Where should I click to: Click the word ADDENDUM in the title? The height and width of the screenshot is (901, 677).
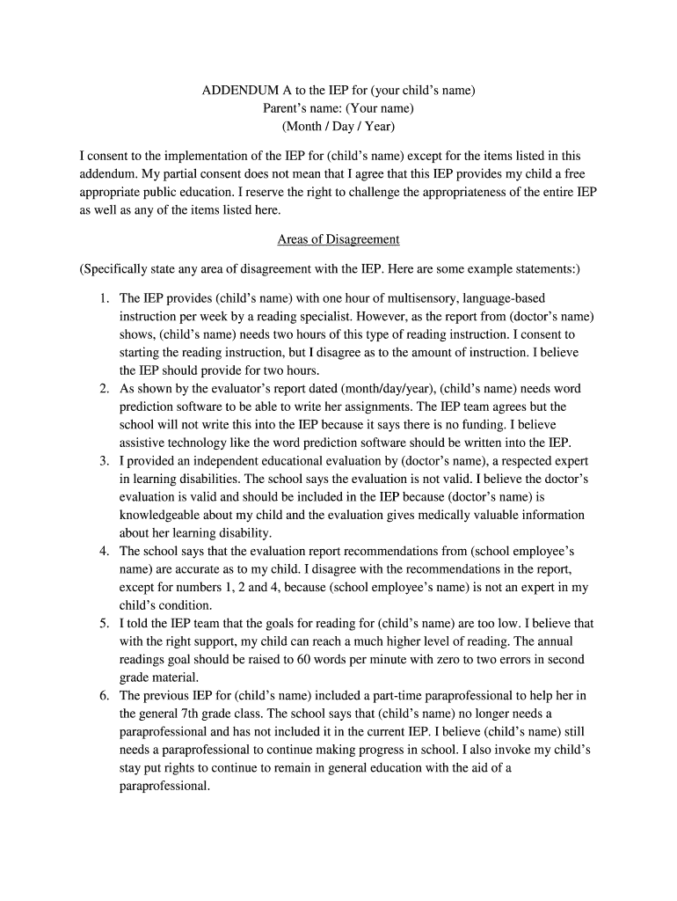point(240,91)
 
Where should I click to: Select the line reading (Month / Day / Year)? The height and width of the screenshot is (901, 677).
point(338,127)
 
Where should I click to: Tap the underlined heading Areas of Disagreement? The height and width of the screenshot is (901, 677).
point(338,239)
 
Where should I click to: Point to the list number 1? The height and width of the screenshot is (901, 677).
point(104,299)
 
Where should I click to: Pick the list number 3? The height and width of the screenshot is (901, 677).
point(104,461)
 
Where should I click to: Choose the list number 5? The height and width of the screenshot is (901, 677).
point(104,623)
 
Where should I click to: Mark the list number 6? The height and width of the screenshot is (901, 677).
point(104,695)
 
